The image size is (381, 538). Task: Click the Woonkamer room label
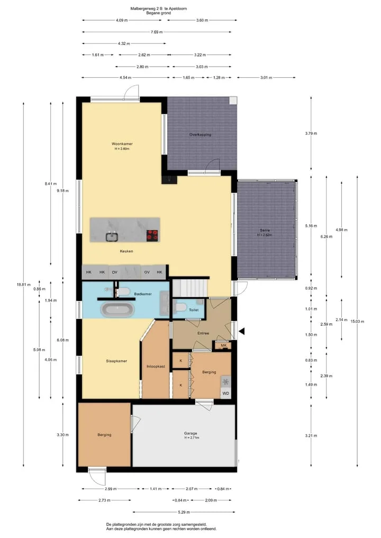pos(122,144)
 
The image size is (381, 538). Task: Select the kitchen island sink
pos(112,237)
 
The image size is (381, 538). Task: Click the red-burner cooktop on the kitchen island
pos(152,235)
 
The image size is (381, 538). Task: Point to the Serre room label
pos(265,231)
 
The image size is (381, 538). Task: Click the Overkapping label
pos(200,134)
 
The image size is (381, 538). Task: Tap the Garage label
pos(190,433)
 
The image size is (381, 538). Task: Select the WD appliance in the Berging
pos(225,393)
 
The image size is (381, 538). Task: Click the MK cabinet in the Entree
pos(223,345)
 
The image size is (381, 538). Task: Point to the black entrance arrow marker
pos(242,331)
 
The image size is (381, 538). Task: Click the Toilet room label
pos(194,310)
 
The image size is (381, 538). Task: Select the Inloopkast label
pos(156,367)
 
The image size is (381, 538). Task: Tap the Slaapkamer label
pos(116,361)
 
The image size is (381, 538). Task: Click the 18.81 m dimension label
pos(23,285)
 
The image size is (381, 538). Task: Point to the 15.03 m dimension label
pos(357,322)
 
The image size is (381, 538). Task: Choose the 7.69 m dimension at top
pos(157,32)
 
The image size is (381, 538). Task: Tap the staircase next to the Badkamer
pos(190,288)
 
